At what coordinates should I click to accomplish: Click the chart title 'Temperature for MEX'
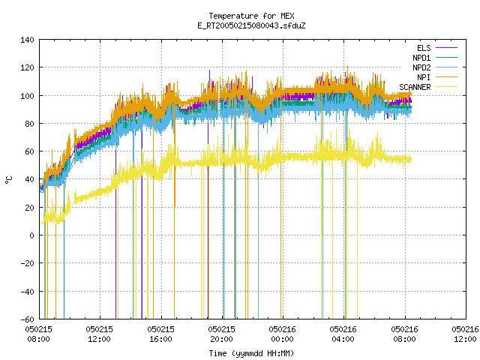pos(251,16)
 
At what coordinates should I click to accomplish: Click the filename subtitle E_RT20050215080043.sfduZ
pos(251,25)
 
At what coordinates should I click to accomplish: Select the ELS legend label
pos(424,48)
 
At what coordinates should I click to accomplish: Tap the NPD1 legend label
pos(421,58)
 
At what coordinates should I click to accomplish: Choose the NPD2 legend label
pos(421,67)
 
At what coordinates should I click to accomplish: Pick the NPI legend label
pos(424,77)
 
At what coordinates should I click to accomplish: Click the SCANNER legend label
pos(415,87)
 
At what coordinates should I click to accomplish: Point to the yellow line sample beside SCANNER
pos(446,87)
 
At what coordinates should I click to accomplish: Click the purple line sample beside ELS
pos(446,48)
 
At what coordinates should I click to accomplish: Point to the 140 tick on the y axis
pos(27,40)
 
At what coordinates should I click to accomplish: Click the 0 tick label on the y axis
pos(31,235)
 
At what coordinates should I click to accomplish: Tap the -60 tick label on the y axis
pos(27,319)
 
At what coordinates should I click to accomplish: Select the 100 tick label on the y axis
pos(27,96)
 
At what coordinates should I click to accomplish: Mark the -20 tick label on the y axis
pos(27,263)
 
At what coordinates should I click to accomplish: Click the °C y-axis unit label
pos(9,180)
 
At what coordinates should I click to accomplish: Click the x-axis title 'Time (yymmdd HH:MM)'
pos(251,353)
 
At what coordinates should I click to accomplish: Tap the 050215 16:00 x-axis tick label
pos(160,334)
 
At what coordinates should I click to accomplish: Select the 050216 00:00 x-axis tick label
pos(282,334)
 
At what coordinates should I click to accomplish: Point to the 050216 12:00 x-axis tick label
pos(465,334)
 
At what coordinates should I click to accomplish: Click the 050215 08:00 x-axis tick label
pos(38,334)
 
